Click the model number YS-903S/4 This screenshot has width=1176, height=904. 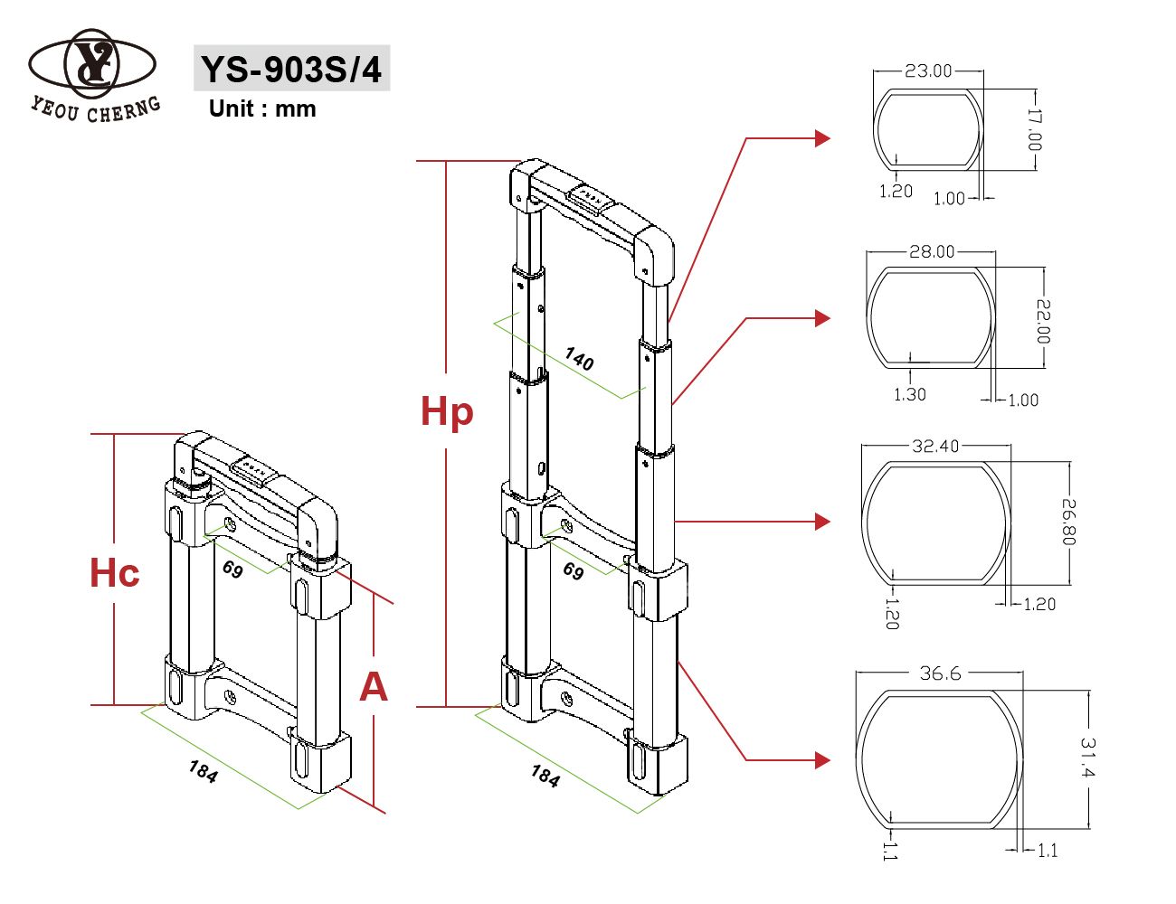291,69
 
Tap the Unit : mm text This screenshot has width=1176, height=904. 262,108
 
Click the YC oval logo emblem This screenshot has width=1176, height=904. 92,64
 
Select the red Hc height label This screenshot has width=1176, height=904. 115,573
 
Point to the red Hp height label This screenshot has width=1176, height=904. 447,411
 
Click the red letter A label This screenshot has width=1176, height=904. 373,687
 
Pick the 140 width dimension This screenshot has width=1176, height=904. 579,359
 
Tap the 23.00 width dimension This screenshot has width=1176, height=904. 928,71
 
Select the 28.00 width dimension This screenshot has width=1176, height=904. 932,251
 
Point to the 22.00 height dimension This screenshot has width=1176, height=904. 1042,321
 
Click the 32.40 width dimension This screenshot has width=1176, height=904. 935,446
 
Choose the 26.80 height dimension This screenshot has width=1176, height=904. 1068,522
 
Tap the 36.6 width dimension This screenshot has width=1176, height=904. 940,673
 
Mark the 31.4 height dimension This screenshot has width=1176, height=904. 1087,758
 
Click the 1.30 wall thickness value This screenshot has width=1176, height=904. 909,394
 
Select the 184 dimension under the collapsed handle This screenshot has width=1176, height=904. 204,771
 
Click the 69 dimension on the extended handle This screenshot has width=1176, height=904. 574,570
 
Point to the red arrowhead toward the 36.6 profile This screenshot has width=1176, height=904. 821,760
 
